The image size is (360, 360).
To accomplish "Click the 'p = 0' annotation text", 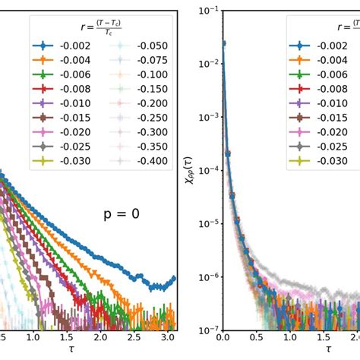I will (122, 214).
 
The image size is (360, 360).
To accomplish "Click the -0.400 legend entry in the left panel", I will (152, 161).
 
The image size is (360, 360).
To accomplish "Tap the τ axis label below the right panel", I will (328, 349).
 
